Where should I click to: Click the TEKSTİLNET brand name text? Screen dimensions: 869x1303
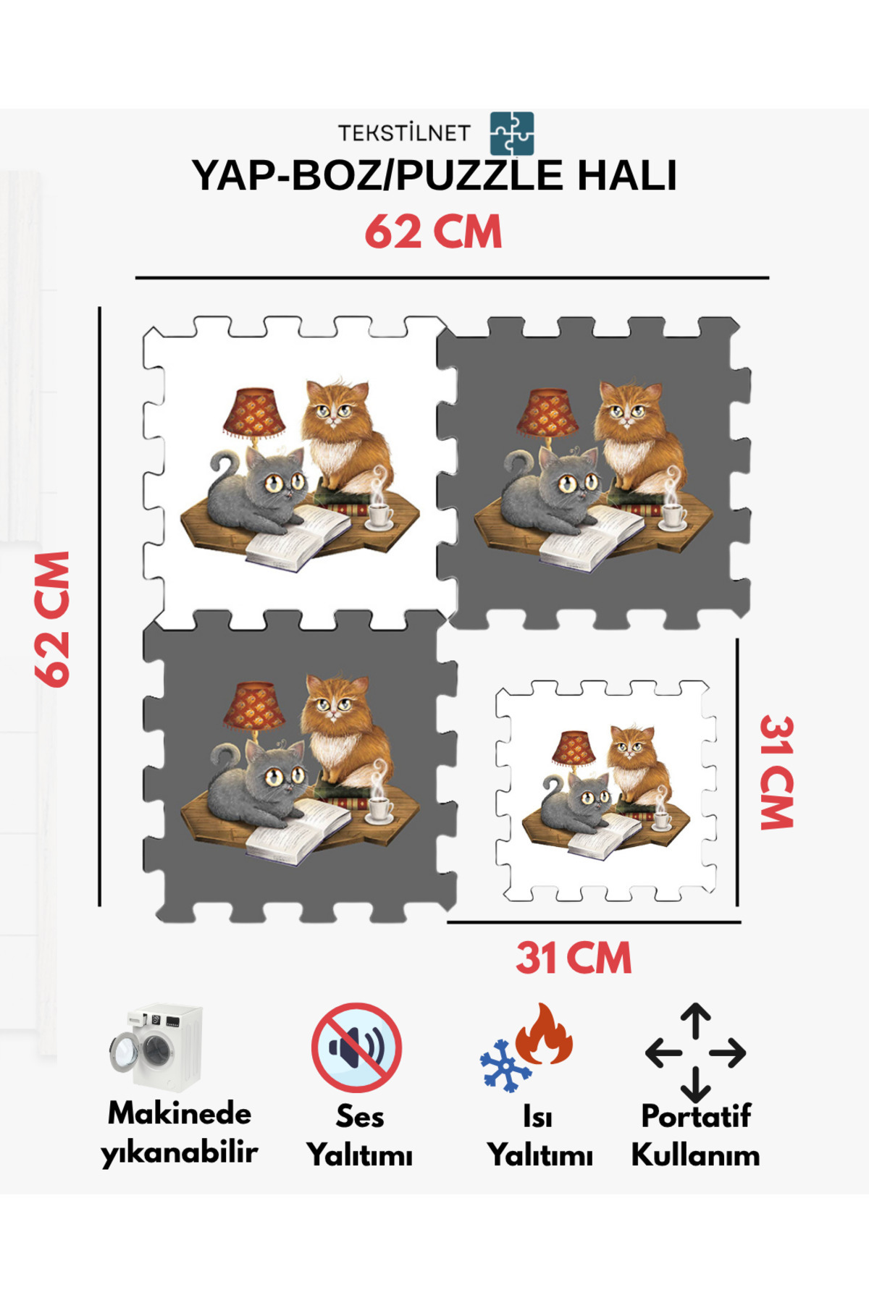tap(404, 133)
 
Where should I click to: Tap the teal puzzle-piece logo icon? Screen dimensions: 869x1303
tap(512, 133)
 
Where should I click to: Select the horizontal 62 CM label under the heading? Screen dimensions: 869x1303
tap(433, 232)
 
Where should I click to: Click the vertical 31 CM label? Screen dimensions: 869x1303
tap(777, 772)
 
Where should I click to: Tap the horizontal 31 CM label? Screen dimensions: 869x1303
tap(574, 958)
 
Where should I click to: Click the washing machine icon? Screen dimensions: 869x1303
tap(156, 1047)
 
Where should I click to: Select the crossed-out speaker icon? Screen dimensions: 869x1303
tap(356, 1047)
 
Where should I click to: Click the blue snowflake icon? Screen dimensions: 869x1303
tap(505, 1066)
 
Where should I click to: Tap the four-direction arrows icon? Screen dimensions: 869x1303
tap(695, 1053)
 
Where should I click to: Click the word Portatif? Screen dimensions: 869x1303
tap(695, 1116)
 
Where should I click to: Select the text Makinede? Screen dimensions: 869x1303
tap(180, 1113)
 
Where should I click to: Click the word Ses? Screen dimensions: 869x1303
tap(360, 1116)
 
